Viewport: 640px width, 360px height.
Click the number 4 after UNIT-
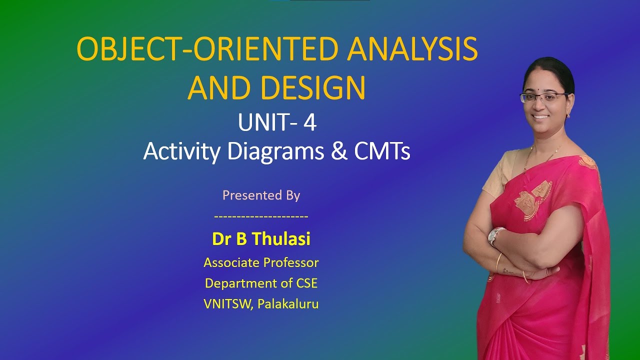[x=309, y=123]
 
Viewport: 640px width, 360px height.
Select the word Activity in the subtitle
[x=181, y=152]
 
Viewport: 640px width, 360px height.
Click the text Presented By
[x=261, y=195]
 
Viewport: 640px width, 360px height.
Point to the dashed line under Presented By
[x=261, y=216]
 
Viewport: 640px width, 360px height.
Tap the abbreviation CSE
[x=306, y=283]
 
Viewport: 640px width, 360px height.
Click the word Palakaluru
[x=288, y=304]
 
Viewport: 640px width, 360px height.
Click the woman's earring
[x=569, y=114]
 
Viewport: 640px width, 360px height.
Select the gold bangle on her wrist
[x=499, y=262]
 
